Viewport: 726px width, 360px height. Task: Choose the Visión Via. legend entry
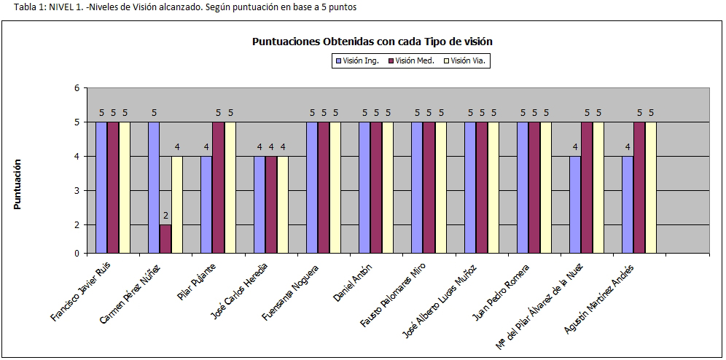(x=467, y=61)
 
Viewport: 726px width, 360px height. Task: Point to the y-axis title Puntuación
(x=17, y=184)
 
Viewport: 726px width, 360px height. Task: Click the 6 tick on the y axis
(x=76, y=88)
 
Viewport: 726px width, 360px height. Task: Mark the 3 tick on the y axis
(x=76, y=190)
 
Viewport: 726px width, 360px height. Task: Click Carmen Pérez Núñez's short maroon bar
(x=165, y=238)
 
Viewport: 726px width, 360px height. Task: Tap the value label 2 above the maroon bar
(x=165, y=216)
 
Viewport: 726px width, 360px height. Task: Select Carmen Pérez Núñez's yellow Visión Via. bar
(x=177, y=205)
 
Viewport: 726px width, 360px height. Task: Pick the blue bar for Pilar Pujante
(x=206, y=205)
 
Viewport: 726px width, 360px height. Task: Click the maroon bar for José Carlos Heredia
(x=270, y=205)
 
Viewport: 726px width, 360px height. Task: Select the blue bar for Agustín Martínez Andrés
(x=628, y=205)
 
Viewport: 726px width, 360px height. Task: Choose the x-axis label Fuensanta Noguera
(x=292, y=290)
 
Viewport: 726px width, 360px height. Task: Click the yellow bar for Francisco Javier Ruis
(x=125, y=187)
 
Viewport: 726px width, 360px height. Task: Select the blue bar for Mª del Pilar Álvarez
(x=575, y=205)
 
